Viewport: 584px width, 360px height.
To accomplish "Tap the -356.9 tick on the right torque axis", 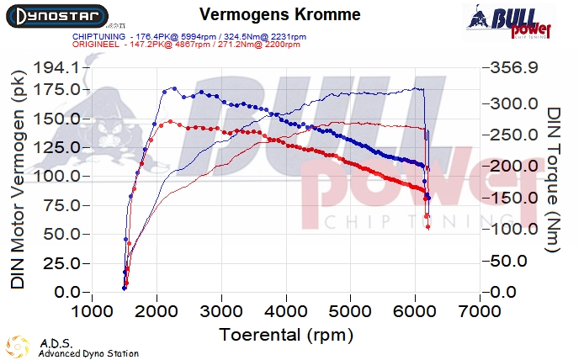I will coord(510,67).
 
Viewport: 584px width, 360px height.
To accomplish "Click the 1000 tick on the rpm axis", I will coord(92,311).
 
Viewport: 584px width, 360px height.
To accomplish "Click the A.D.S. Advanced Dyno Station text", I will coord(88,348).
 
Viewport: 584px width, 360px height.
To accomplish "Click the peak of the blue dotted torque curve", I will coord(173,88).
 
